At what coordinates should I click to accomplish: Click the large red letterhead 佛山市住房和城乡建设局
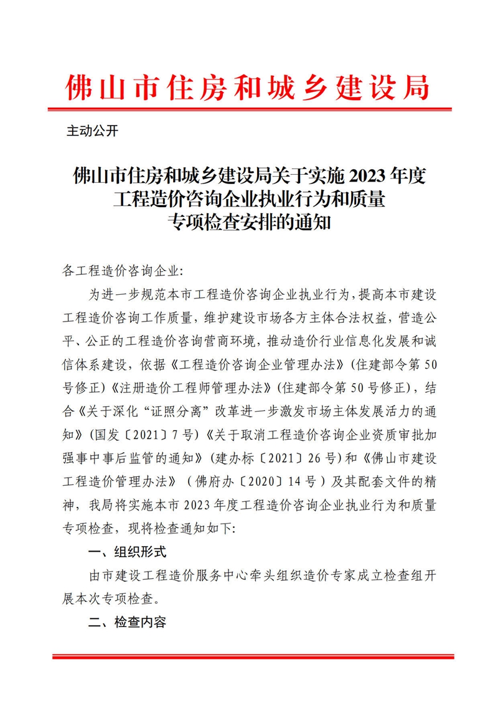coord(248,88)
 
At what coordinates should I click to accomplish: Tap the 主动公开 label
coord(92,132)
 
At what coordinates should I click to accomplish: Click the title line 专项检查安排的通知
coord(248,221)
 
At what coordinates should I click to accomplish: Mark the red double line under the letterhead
coord(248,109)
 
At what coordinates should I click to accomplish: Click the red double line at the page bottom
coord(248,656)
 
